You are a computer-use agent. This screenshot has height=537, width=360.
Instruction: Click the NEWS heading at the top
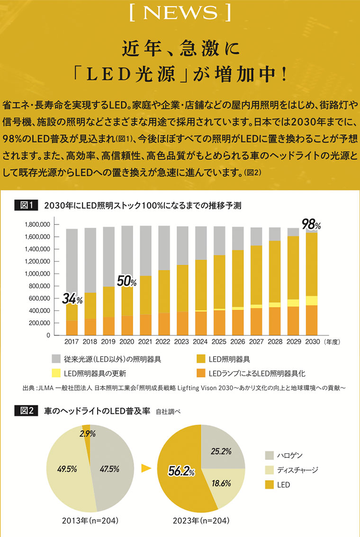[x=180, y=12]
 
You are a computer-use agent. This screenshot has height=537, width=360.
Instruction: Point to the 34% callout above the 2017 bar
[x=72, y=299]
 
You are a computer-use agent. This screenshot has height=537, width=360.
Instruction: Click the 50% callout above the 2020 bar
[x=127, y=281]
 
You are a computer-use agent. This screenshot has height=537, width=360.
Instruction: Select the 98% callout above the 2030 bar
[x=311, y=224]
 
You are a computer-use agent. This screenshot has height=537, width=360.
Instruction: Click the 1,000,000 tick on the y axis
[x=36, y=274]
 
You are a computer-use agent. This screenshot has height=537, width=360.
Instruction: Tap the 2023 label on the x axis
[x=182, y=341]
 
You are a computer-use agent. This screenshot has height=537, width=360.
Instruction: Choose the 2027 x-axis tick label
[x=256, y=341]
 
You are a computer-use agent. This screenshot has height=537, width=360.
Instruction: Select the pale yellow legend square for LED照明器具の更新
[x=56, y=374]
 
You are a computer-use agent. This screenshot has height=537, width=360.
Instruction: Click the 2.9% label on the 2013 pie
[x=88, y=433]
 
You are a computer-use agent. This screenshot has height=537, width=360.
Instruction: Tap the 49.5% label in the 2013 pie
[x=67, y=469]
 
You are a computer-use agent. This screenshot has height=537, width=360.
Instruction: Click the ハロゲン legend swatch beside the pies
[x=269, y=456]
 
